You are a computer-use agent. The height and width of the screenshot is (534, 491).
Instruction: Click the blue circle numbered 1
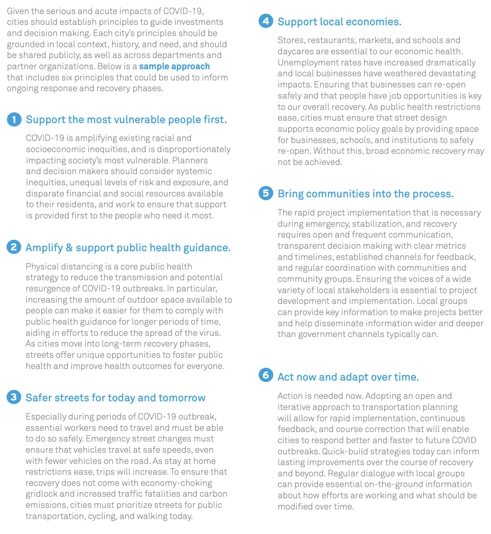(x=14, y=120)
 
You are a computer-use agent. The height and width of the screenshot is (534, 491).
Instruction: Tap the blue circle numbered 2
(x=14, y=247)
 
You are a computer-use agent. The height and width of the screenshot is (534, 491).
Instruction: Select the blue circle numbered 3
(x=14, y=397)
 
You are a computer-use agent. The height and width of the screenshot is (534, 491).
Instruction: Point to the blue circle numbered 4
(x=265, y=21)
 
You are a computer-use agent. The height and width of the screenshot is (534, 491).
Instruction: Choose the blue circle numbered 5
(x=265, y=193)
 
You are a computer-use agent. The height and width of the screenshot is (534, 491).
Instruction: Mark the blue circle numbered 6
(x=265, y=375)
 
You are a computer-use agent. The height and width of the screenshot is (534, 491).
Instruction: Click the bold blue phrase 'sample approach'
(x=174, y=66)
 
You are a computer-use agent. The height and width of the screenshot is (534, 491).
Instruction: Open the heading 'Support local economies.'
(x=339, y=22)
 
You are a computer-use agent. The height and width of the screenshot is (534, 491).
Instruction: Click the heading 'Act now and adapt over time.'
(x=348, y=377)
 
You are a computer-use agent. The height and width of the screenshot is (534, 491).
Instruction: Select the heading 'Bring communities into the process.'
(x=365, y=194)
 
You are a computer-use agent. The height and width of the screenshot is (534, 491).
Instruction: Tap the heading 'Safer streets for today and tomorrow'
(x=115, y=398)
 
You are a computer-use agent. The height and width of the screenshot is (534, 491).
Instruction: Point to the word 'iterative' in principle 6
(x=294, y=407)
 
